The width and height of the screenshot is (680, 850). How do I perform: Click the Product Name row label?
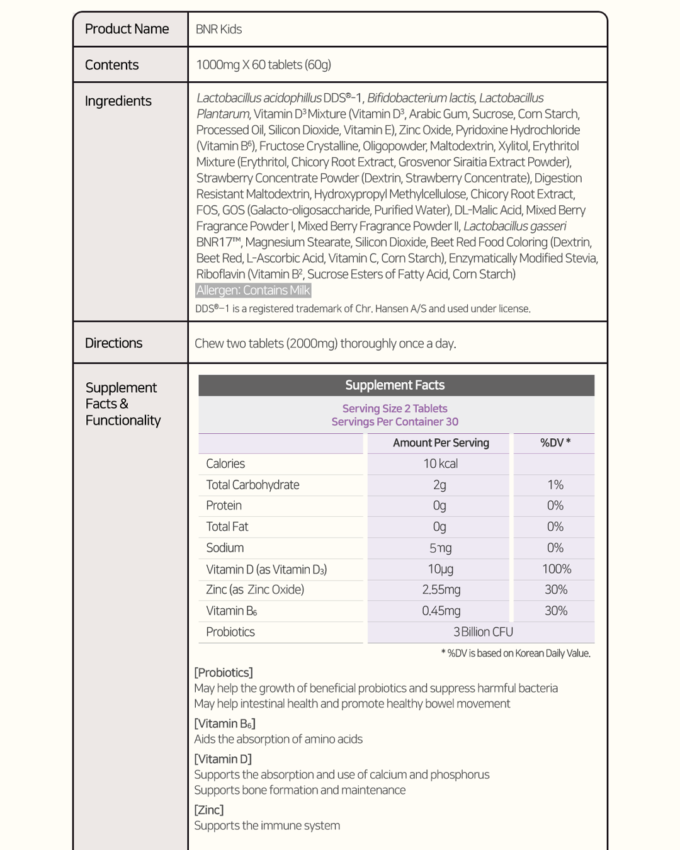pos(127,29)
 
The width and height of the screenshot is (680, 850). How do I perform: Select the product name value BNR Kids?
pos(218,29)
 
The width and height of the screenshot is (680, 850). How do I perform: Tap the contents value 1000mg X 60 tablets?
pos(263,65)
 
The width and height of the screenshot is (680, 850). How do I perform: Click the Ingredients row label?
pos(118,101)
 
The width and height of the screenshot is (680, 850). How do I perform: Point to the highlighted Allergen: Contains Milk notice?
pos(253,290)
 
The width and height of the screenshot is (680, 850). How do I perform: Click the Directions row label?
pos(113,343)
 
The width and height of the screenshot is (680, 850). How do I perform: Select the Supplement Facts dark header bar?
pos(395,385)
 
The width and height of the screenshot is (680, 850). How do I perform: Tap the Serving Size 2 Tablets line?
pos(395,409)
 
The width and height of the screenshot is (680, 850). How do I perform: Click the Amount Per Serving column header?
pos(441,443)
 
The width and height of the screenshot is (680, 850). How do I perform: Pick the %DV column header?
pos(555,443)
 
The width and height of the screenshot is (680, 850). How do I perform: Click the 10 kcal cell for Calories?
pos(440,464)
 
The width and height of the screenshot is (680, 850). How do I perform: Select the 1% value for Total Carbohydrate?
pos(555,485)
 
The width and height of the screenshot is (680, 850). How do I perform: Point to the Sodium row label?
pos(225,548)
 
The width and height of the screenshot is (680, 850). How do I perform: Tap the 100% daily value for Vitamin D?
pos(557,569)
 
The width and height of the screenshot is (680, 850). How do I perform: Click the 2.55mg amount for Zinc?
pos(441,590)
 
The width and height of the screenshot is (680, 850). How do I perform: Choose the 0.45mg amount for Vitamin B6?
pos(441,611)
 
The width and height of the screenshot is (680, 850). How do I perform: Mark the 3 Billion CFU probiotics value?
pos(483,632)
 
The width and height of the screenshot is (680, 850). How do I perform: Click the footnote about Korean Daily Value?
pos(516,654)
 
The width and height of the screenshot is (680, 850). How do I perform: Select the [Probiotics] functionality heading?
pos(224,672)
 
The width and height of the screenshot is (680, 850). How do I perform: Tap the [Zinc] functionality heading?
pos(209,810)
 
